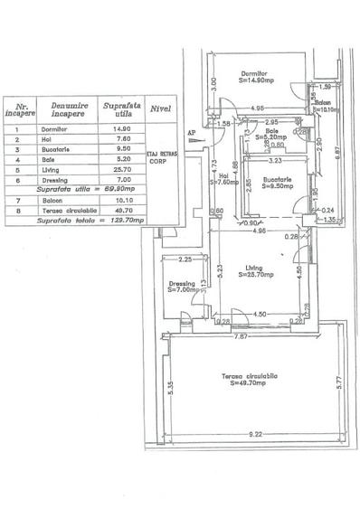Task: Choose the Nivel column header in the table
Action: [x=161, y=110]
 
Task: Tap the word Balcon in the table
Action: [x=52, y=200]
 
